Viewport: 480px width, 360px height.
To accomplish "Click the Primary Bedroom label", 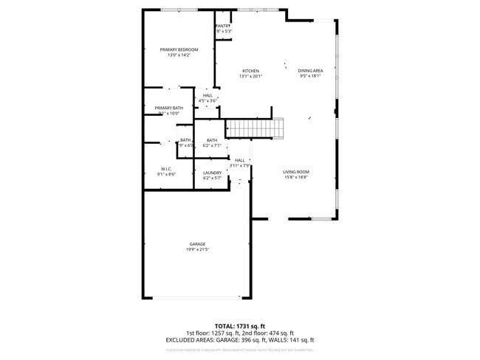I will (x=179, y=49).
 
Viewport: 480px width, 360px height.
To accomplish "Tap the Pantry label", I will (x=224, y=25).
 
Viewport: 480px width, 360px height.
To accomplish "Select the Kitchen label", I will (x=251, y=71).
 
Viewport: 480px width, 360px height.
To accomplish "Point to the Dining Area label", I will (x=311, y=71).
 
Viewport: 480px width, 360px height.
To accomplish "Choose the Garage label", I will (x=197, y=244).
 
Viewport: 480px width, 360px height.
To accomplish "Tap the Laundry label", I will (x=212, y=173).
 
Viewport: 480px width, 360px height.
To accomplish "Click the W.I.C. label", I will (x=166, y=169).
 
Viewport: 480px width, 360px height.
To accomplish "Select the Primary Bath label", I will (x=168, y=108).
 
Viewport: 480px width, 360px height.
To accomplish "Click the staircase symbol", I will (x=255, y=128).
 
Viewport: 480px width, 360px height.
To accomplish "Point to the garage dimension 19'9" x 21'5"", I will (x=197, y=250).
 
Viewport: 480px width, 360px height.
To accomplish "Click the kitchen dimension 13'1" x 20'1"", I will (x=251, y=76).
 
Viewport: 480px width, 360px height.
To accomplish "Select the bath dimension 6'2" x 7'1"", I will (x=212, y=145).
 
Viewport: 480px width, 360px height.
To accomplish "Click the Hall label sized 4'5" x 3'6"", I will (x=208, y=95).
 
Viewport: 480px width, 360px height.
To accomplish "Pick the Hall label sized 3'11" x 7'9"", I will (x=240, y=160).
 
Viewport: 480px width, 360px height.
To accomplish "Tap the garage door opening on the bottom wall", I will (x=197, y=297).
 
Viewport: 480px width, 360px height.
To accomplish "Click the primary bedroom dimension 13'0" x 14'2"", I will (x=179, y=55).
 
